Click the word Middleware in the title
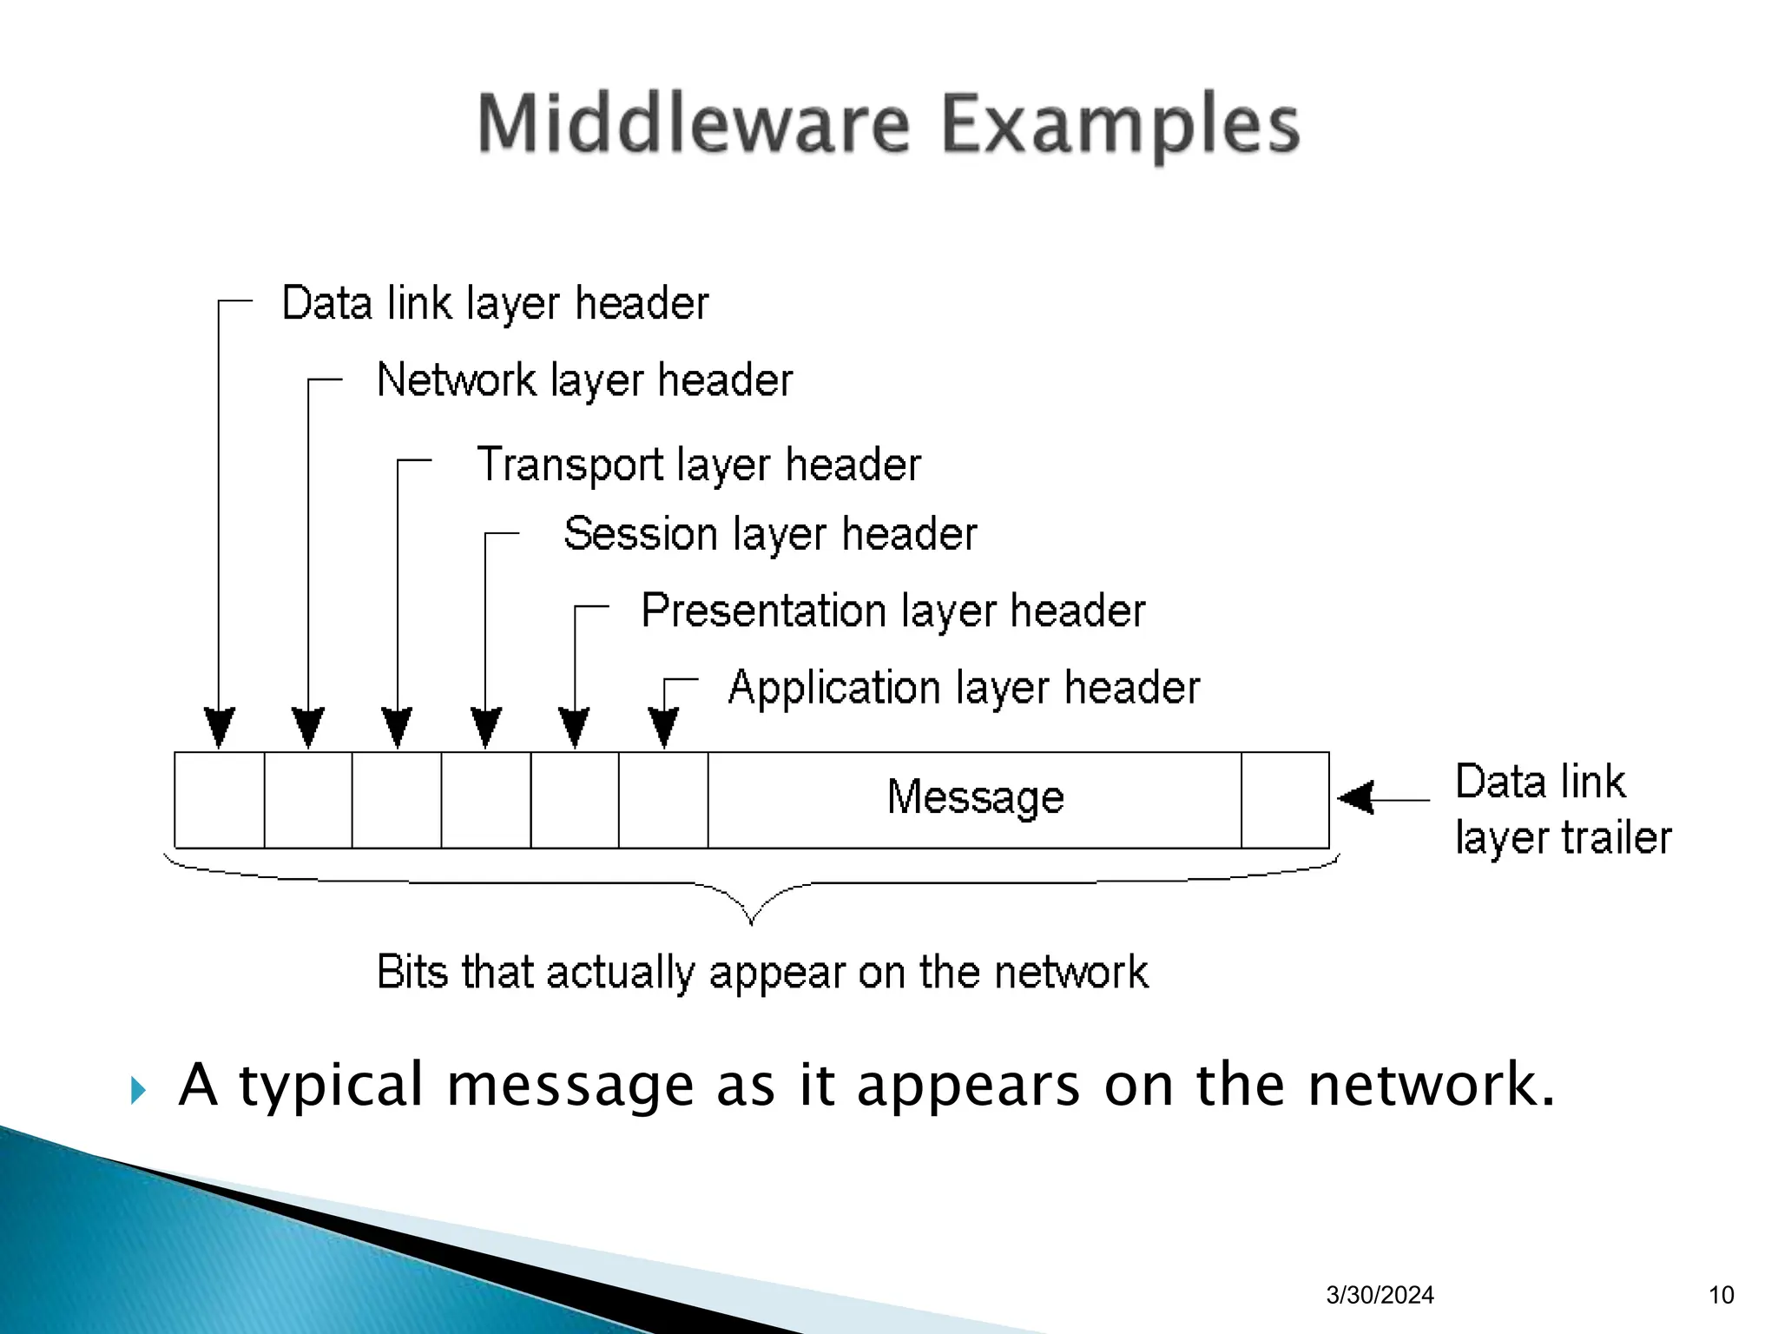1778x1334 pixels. [x=693, y=124]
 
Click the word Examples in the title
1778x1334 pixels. [x=1120, y=126]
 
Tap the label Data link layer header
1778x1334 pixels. [x=495, y=304]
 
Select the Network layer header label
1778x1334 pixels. [x=584, y=380]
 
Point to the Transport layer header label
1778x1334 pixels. [x=699, y=465]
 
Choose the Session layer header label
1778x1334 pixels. [x=770, y=533]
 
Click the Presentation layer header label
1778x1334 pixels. [x=892, y=611]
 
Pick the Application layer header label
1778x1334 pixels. [x=964, y=688]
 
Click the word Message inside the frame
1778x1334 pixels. [x=975, y=797]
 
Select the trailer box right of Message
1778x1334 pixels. [x=1285, y=800]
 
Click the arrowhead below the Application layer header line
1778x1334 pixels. [x=664, y=727]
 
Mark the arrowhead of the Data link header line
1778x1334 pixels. [x=219, y=727]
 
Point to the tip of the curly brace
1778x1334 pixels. [x=751, y=922]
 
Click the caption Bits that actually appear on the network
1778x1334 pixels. [x=762, y=972]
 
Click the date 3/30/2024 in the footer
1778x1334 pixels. [x=1380, y=1295]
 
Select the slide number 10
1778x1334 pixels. [x=1721, y=1295]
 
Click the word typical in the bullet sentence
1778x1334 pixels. [x=331, y=1086]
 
